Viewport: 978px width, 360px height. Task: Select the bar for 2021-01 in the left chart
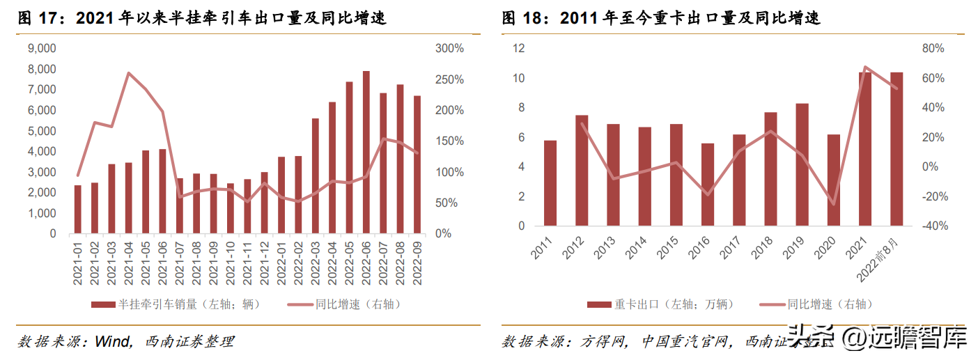[x=78, y=209]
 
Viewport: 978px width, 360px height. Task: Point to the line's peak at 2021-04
[x=129, y=72]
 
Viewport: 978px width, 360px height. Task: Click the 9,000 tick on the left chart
[x=42, y=49]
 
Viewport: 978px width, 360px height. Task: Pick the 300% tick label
[x=449, y=49]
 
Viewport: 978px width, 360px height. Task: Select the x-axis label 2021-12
[x=265, y=262]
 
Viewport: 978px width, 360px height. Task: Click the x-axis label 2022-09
[x=417, y=262]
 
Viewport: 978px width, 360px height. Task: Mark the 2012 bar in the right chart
[x=582, y=171]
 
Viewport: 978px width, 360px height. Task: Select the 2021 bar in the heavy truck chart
[x=865, y=149]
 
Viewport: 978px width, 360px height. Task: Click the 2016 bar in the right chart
[x=708, y=185]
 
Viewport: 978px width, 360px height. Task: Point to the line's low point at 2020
[x=833, y=204]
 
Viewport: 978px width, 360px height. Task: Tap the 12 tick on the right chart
[x=518, y=49]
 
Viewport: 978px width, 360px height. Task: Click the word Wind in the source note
[x=111, y=341]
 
